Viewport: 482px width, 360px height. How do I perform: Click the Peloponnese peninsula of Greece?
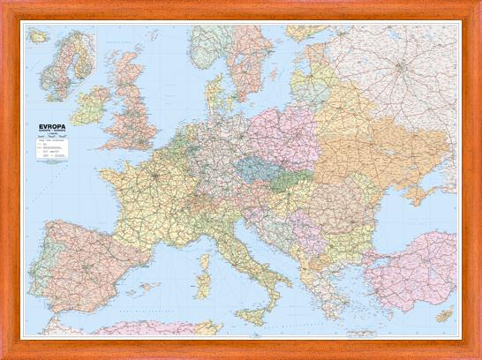(x=328, y=304)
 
